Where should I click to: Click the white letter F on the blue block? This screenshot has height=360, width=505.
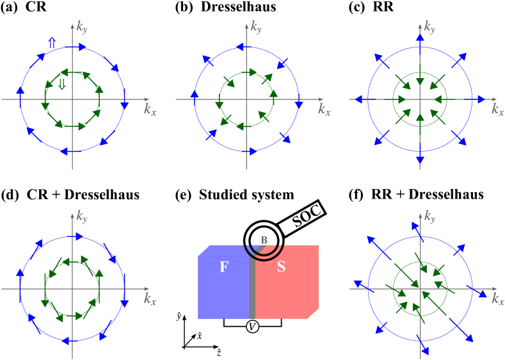[x=223, y=268]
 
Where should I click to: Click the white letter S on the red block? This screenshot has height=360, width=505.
[x=281, y=268]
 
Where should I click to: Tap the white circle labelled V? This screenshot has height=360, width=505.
[x=252, y=327]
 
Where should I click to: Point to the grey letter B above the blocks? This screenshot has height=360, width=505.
[x=264, y=240]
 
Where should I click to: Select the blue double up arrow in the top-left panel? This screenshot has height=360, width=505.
[x=52, y=43]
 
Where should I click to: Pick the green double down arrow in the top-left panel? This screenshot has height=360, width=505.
[x=61, y=85]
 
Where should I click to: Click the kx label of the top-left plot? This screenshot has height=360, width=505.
[x=150, y=110]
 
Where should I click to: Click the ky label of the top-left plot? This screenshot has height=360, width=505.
[x=82, y=26]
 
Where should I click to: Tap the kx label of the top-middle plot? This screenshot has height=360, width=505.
[x=325, y=110]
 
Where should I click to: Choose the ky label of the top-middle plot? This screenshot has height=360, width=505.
[x=256, y=26]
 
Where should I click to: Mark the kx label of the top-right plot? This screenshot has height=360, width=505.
[x=498, y=110]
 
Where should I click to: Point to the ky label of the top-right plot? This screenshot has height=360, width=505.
[x=429, y=26]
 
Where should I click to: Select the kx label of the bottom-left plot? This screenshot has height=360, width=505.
[x=150, y=299]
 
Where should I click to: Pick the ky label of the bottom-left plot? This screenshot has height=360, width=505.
[x=82, y=216]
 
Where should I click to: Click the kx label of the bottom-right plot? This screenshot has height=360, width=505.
[x=498, y=299]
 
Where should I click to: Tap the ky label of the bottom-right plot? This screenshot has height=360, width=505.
[x=429, y=216]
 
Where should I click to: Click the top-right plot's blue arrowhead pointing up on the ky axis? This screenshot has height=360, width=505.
[x=420, y=38]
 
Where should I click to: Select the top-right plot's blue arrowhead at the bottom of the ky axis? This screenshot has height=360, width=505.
[x=420, y=159]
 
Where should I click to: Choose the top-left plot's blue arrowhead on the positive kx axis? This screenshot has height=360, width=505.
[x=124, y=105]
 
